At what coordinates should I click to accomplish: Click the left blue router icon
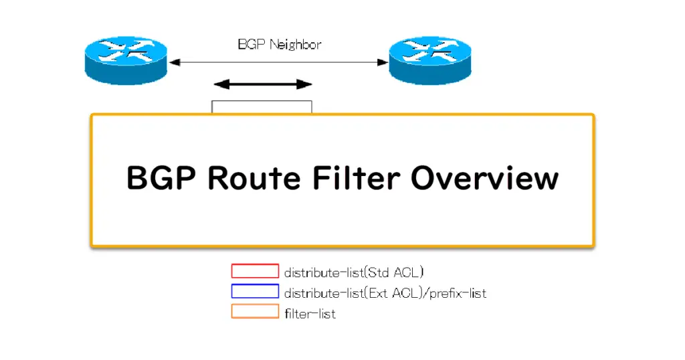[126, 60]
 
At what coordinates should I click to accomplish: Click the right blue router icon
[430, 60]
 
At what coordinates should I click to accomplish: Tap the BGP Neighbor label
[280, 45]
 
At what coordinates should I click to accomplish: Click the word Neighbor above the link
[295, 45]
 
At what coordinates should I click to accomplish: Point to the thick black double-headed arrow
[263, 84]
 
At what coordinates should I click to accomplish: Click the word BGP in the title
[161, 178]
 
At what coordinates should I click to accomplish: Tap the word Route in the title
[254, 178]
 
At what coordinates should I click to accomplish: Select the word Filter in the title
[356, 177]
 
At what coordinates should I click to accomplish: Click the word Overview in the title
[484, 178]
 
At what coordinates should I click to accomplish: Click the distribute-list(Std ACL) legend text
[354, 272]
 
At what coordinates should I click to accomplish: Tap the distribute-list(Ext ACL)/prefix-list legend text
[385, 292]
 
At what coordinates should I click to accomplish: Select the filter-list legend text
[310, 314]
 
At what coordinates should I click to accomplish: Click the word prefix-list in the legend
[458, 292]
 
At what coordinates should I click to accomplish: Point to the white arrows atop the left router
[126, 50]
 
